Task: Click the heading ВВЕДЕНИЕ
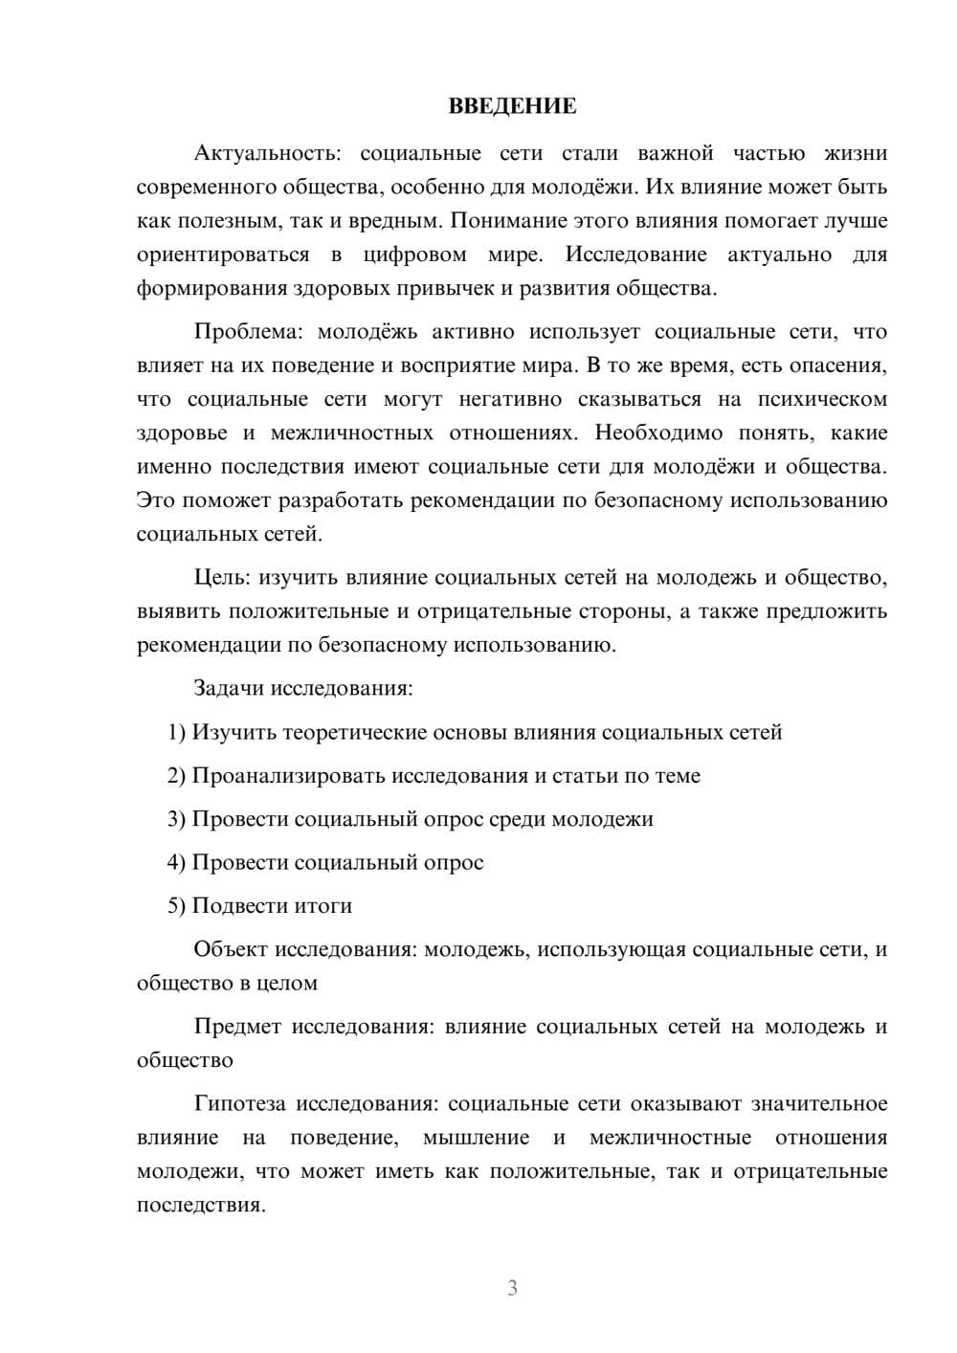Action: (x=512, y=106)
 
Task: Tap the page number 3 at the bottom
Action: (x=512, y=1288)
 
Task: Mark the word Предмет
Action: (x=237, y=1027)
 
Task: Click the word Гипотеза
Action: (x=239, y=1103)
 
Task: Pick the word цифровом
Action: (x=415, y=255)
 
